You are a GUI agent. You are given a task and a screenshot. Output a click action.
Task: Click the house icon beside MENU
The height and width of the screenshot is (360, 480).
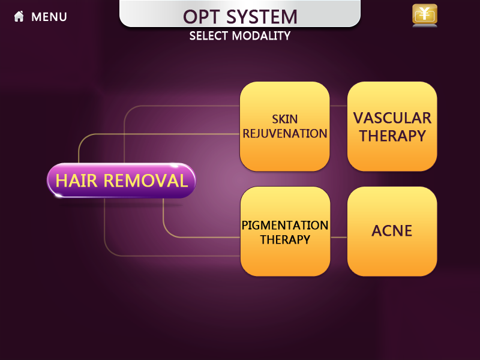click(x=19, y=17)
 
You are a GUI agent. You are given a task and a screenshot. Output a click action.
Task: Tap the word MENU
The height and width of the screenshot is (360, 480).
click(x=49, y=17)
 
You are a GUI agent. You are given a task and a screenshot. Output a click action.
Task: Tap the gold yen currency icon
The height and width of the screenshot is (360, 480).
click(x=424, y=14)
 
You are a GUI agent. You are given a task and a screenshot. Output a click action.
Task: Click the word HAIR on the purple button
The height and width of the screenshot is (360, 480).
click(x=77, y=180)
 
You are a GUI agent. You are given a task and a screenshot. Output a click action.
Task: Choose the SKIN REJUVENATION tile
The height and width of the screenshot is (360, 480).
click(x=284, y=126)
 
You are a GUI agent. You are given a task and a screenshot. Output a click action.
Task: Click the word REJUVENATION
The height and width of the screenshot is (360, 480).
click(x=284, y=133)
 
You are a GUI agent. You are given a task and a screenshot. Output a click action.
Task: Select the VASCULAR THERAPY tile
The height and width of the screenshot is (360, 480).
click(x=392, y=126)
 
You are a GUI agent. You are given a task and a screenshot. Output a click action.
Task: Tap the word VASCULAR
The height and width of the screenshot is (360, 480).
click(x=392, y=118)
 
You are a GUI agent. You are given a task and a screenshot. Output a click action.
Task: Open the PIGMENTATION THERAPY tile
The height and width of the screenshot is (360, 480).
click(x=285, y=232)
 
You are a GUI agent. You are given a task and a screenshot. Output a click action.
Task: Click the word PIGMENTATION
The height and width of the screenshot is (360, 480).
click(x=285, y=226)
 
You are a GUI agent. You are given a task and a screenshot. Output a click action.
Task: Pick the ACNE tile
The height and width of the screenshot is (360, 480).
click(x=392, y=231)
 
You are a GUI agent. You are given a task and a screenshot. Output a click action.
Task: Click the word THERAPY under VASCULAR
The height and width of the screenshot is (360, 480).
click(x=392, y=136)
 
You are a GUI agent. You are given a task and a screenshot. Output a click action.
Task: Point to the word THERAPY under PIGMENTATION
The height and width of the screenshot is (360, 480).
click(x=285, y=239)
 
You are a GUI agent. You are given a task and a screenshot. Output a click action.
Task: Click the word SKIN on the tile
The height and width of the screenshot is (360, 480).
click(x=284, y=119)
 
